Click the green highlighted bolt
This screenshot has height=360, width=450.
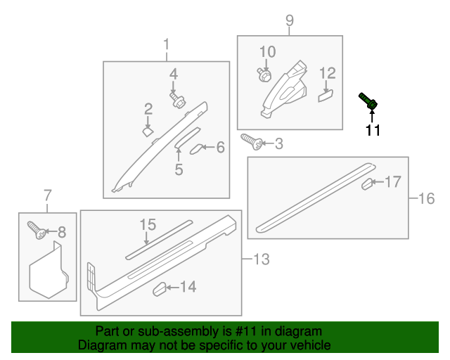tap(368, 101)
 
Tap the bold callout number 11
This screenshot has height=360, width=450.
tap(373, 130)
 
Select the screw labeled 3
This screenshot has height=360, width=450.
tap(252, 141)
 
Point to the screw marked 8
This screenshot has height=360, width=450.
tap(37, 230)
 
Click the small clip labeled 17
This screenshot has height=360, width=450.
tap(367, 184)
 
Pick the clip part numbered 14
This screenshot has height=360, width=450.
tap(160, 289)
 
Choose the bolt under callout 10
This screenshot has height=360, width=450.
tap(264, 75)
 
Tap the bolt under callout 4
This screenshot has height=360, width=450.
tap(178, 100)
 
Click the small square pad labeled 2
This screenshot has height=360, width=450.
tap(148, 132)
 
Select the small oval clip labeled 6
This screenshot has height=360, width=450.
tap(197, 148)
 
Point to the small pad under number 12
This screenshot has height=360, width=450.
tap(326, 96)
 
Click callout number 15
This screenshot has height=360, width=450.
tap(148, 225)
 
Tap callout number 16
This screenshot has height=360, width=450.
tap(427, 199)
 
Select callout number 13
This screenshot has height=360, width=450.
tap(262, 259)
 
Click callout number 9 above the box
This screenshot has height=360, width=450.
tap(290, 20)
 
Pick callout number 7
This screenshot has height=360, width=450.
tap(48, 195)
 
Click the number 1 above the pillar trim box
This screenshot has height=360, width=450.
tap(166, 45)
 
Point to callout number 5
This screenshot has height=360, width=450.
tap(179, 169)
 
